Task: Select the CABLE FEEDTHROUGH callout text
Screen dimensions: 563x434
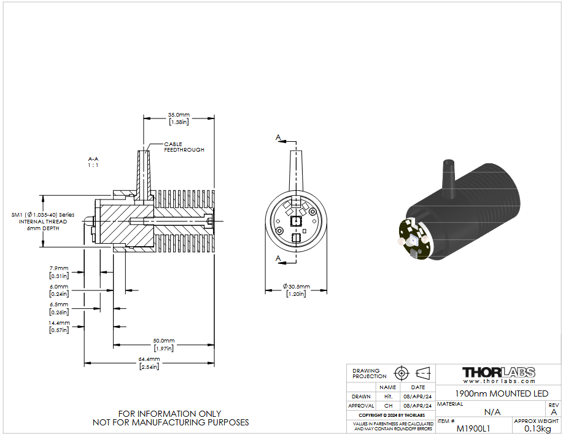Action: tap(184, 147)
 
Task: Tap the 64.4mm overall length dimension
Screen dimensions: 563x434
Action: tap(149, 363)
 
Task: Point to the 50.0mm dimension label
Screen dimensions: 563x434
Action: tap(164, 344)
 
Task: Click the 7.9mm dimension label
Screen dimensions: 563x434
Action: tap(59, 272)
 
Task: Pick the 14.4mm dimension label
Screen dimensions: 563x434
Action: tap(59, 327)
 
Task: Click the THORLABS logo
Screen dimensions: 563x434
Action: tap(499, 372)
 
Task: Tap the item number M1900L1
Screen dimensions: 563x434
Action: tap(473, 428)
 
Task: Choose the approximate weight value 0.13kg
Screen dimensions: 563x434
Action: tap(537, 428)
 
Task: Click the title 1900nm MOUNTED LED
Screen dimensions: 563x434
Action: tap(502, 394)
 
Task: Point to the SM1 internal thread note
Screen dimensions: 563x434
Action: tap(43, 222)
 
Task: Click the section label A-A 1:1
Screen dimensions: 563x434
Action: tap(93, 162)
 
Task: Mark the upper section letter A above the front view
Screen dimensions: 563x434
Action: tap(278, 137)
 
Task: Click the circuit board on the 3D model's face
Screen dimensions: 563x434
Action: tap(414, 238)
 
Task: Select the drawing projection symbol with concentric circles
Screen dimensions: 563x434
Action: tap(402, 373)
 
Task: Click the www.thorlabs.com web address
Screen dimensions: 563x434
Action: tap(499, 381)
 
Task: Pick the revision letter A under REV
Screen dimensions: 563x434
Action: tap(554, 412)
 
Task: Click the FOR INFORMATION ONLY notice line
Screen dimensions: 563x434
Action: tap(169, 414)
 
